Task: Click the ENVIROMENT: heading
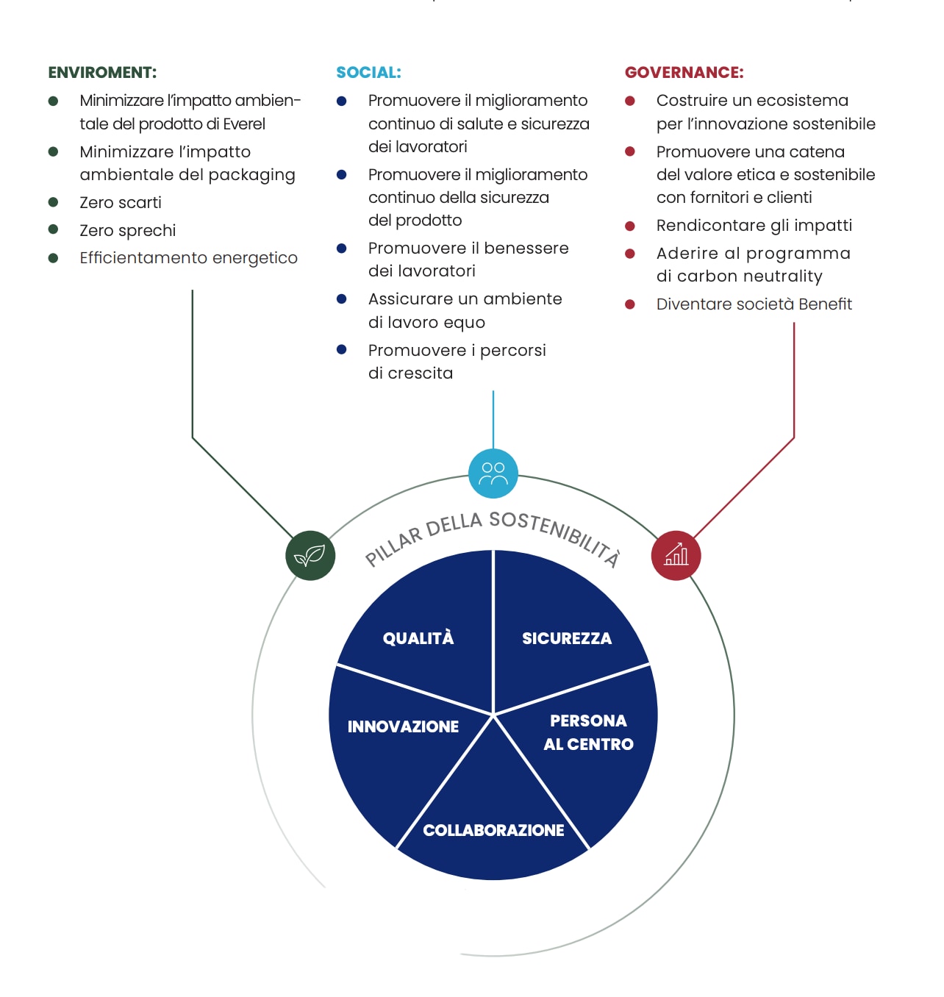pos(102,73)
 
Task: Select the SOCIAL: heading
pos(368,73)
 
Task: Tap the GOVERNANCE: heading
pos(684,73)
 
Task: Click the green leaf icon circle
pos(310,555)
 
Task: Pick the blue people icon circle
pos(493,474)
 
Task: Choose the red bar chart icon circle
pos(676,555)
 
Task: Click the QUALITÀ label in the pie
pos(418,638)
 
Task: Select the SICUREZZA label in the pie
pos(567,638)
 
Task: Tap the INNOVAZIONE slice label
pos(403,726)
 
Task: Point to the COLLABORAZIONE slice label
pos(493,830)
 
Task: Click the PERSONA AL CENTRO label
pos(588,732)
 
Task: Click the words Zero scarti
pos(121,202)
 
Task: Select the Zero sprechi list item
pos(128,230)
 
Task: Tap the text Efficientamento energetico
pos(188,258)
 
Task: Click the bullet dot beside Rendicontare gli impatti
pos(630,226)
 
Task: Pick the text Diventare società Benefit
pos(754,304)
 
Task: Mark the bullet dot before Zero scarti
pos(53,202)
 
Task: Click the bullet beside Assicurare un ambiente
pos(342,299)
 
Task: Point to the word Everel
pos(244,124)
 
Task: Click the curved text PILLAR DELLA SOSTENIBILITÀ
pos(493,532)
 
